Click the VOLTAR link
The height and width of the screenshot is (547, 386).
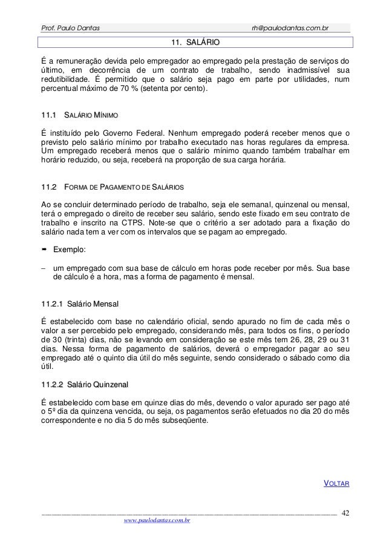click(x=338, y=483)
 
